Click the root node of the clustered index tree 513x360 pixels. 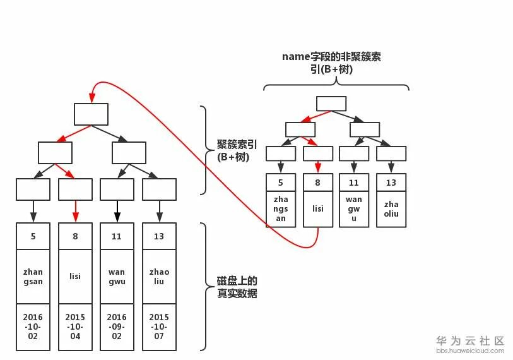coord(91,114)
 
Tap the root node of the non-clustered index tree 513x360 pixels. coord(331,104)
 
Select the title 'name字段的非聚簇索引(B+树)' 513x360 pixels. coord(331,63)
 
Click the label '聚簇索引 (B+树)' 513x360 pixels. coord(233,150)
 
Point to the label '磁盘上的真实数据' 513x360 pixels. coord(237,287)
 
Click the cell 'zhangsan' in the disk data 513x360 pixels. coord(33,277)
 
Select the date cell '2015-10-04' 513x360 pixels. coord(75,327)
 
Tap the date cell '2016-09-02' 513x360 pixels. coord(117,327)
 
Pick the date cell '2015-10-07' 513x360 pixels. coord(159,327)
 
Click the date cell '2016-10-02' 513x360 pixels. coord(33,327)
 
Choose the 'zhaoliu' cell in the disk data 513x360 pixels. coord(159,277)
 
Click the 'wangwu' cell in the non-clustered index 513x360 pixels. coord(354,208)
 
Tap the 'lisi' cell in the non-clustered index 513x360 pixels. coord(317,208)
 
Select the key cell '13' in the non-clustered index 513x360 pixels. coord(391,183)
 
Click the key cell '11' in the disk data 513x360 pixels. coord(117,236)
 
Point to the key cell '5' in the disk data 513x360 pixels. coord(33,236)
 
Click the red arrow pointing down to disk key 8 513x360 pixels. coord(75,211)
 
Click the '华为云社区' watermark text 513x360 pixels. coord(470,340)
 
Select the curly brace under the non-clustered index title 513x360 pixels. coord(336,86)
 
